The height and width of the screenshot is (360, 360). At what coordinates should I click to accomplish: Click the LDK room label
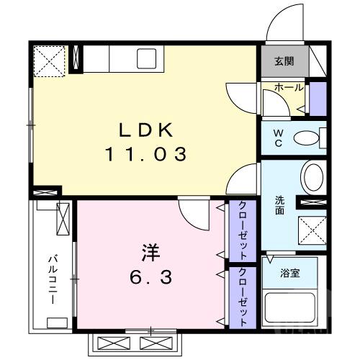tap(147, 130)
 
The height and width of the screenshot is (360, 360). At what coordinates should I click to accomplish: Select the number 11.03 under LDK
tap(147, 153)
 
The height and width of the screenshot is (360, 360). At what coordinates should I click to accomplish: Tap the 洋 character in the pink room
tap(150, 253)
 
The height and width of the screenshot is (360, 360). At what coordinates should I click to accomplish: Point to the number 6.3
tap(150, 277)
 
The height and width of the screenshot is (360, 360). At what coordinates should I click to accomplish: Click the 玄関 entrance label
tap(284, 62)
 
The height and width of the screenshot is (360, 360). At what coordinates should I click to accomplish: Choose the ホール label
tap(288, 88)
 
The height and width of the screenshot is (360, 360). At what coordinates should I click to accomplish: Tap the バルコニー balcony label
tap(53, 279)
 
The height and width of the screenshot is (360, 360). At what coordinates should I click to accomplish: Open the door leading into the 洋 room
tap(191, 213)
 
